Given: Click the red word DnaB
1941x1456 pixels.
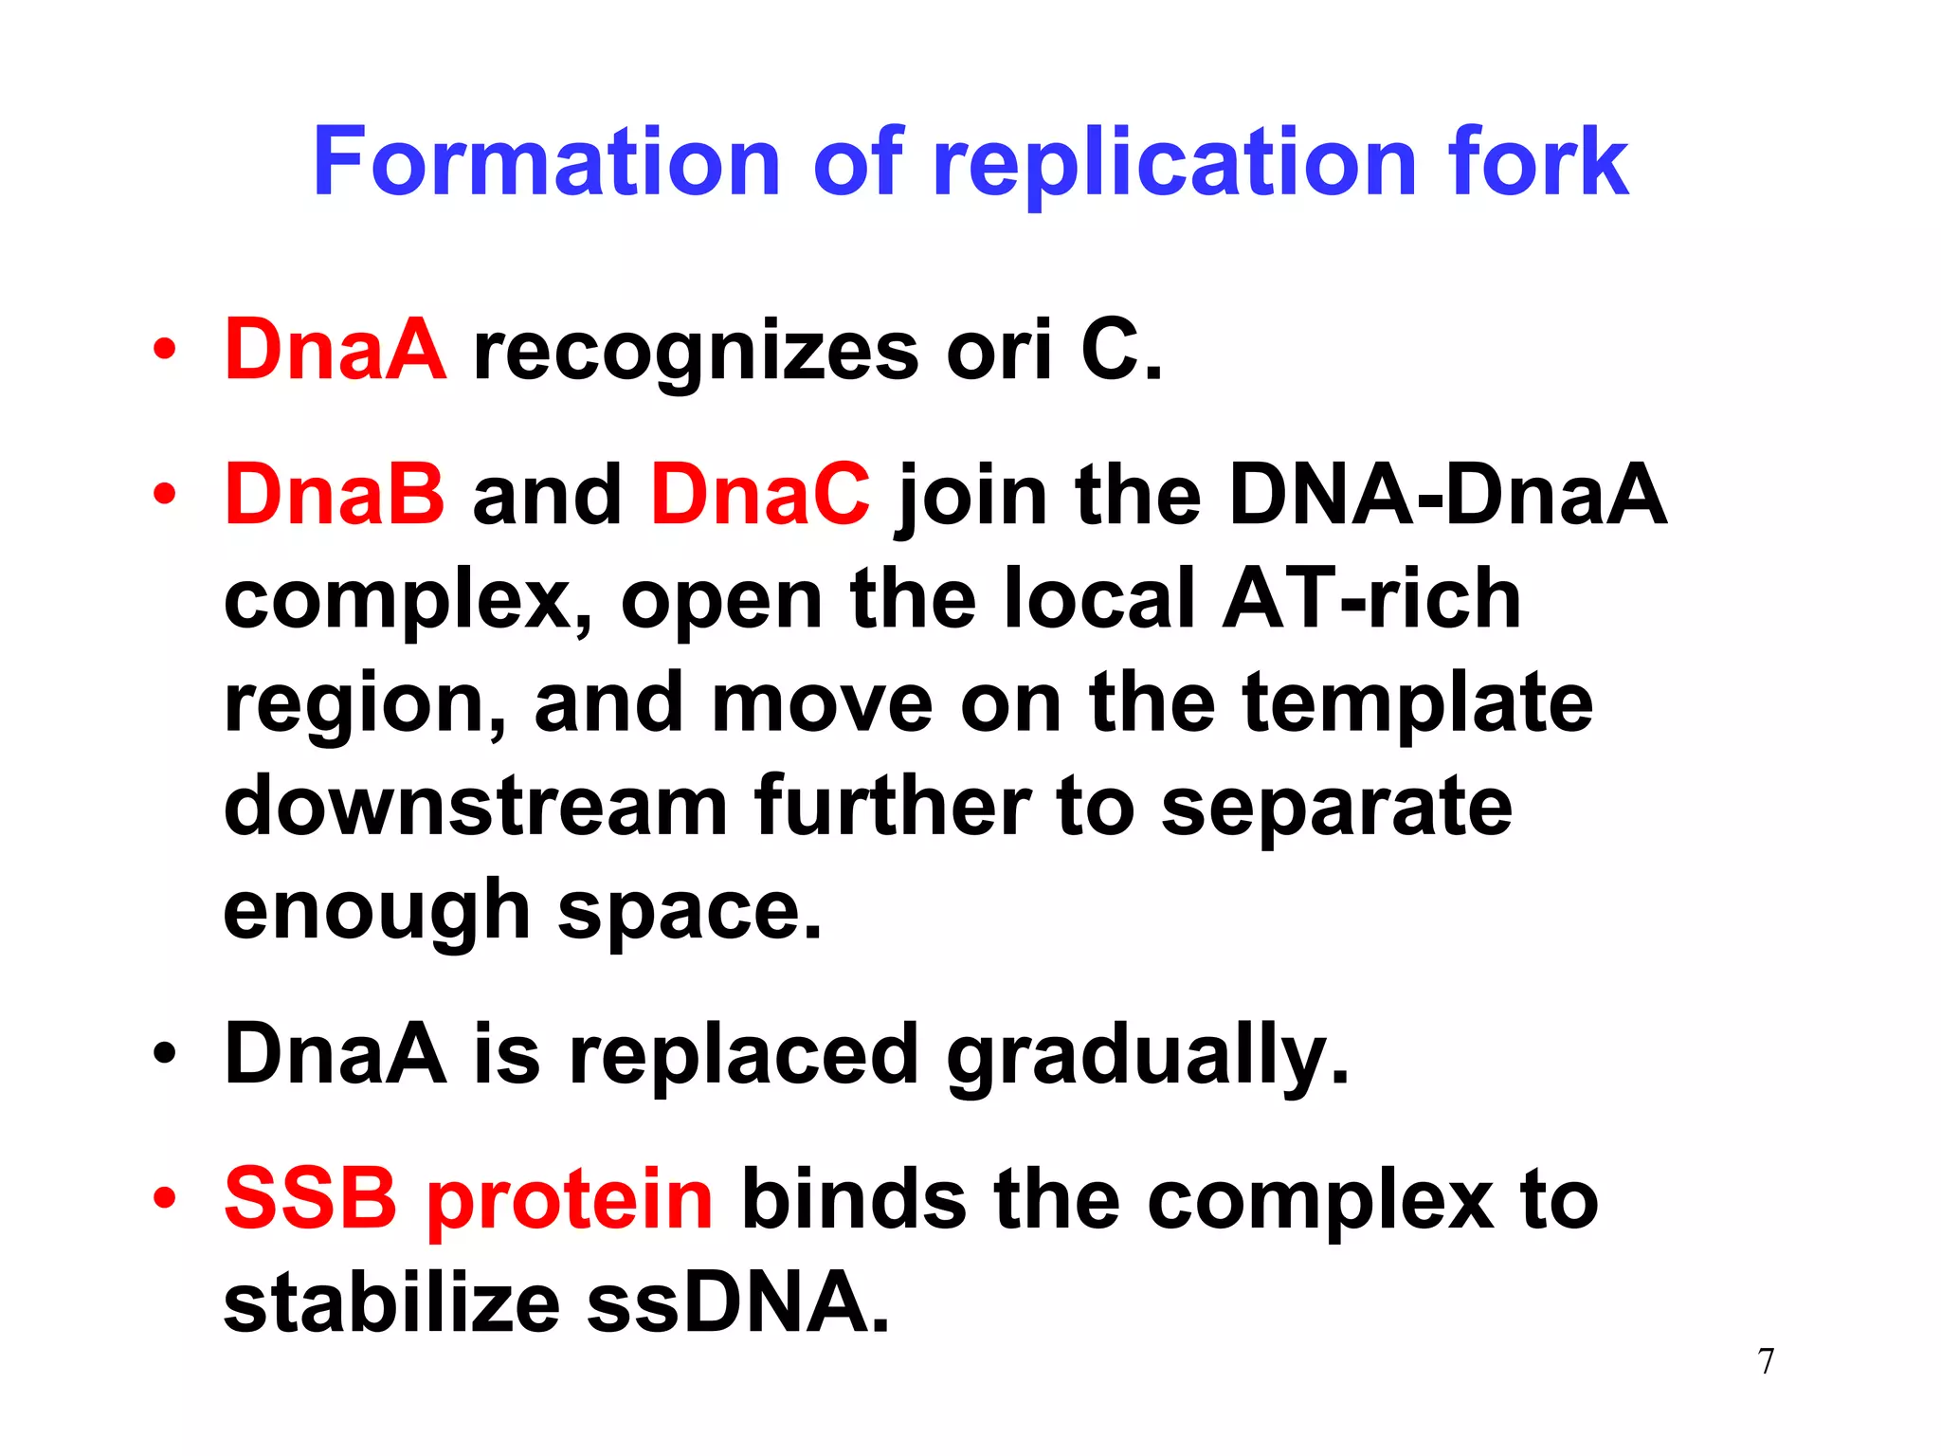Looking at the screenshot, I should pyautogui.click(x=334, y=495).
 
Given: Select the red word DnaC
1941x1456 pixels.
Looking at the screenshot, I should pyautogui.click(x=760, y=495).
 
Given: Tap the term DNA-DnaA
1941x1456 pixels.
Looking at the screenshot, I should pyautogui.click(x=1447, y=495).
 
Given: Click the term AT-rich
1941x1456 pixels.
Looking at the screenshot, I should pyautogui.click(x=1371, y=599).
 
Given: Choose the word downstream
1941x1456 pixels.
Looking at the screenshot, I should pyautogui.click(x=476, y=808).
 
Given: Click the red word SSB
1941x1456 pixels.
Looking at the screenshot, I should pyautogui.click(x=311, y=1199).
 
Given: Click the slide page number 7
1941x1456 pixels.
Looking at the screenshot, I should pyautogui.click(x=1766, y=1361).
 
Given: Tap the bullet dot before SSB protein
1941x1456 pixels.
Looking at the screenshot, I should pyautogui.click(x=165, y=1197).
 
